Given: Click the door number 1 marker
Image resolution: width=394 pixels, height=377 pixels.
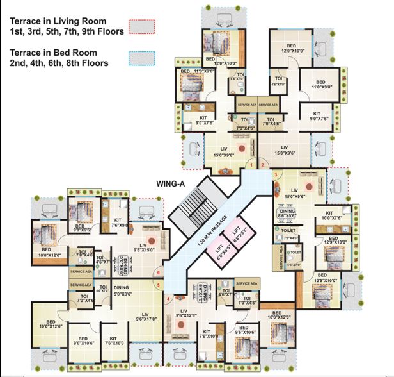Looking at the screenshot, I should (x=252, y=165).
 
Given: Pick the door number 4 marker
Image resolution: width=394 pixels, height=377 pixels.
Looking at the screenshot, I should (x=169, y=299).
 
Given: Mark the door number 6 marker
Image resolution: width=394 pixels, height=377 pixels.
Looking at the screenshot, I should (x=158, y=274).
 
